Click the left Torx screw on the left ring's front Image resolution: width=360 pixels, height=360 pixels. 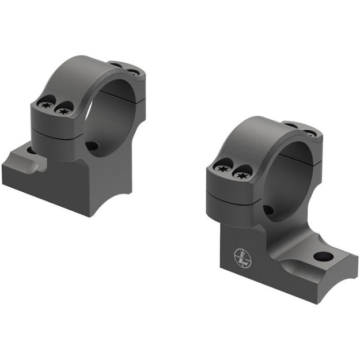(46, 105)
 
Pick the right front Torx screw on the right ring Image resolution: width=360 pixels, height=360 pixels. (238, 171)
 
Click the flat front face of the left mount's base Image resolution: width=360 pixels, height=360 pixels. (46, 187)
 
